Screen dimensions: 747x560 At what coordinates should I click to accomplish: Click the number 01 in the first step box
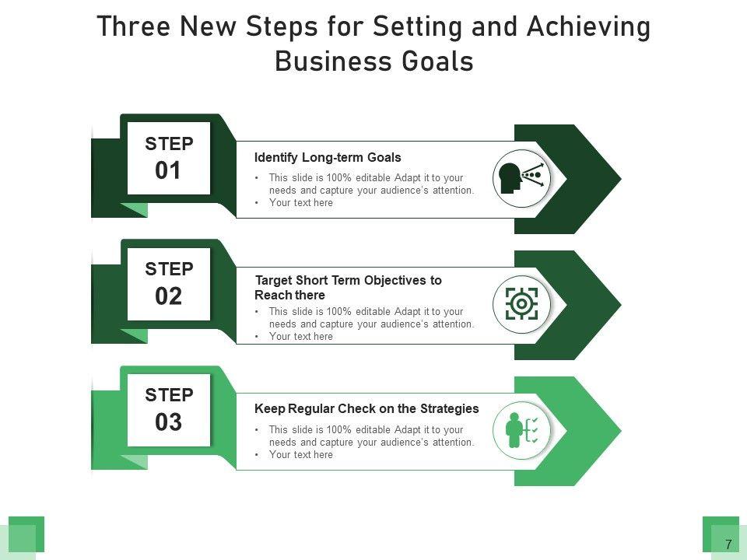click(168, 170)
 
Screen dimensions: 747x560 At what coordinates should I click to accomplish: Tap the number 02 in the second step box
click(168, 296)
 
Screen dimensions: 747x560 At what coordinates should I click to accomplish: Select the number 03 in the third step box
click(168, 422)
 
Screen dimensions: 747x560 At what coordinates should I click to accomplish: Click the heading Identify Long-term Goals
click(328, 158)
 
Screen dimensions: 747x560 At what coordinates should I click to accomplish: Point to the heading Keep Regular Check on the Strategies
click(366, 408)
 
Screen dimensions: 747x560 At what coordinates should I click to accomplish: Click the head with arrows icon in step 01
click(521, 178)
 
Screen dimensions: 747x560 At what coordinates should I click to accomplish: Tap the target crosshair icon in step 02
click(521, 304)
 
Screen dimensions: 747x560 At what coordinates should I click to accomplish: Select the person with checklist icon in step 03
click(521, 430)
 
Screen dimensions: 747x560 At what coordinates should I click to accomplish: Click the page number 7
click(728, 544)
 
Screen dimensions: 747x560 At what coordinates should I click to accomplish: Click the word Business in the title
click(334, 61)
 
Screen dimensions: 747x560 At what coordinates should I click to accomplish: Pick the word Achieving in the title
click(588, 26)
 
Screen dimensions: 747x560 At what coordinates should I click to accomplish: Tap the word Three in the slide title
click(133, 26)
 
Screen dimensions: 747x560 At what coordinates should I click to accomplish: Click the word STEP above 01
click(169, 144)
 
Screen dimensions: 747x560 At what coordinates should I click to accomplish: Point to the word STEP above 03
click(169, 395)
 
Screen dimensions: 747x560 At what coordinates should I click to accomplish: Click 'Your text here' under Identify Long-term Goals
click(300, 203)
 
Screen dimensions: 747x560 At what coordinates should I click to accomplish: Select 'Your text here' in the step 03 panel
click(300, 455)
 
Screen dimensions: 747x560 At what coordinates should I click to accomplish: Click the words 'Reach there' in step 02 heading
click(289, 296)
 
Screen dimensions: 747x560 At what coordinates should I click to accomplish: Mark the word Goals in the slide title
click(437, 61)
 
